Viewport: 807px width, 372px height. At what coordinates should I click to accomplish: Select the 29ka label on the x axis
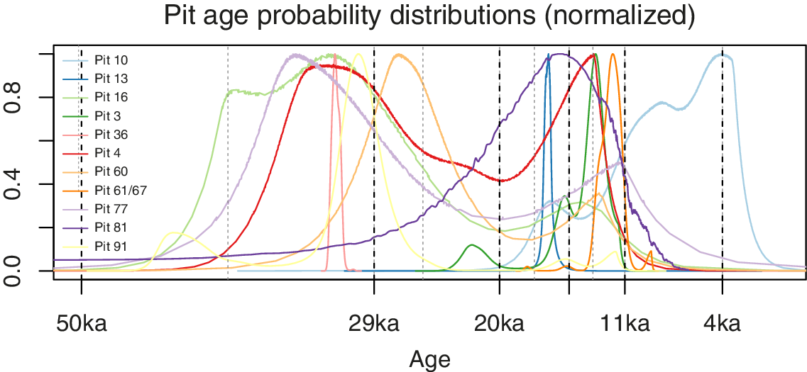pos(374,324)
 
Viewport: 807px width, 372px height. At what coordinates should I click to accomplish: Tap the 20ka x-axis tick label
pos(499,324)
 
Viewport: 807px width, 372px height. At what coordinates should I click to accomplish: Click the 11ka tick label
pos(625,324)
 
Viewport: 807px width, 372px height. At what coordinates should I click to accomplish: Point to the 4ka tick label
pos(722,324)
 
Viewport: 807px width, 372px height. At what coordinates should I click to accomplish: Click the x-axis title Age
pos(429,360)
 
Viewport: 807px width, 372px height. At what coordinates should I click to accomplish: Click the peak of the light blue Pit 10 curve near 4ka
pos(723,55)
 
